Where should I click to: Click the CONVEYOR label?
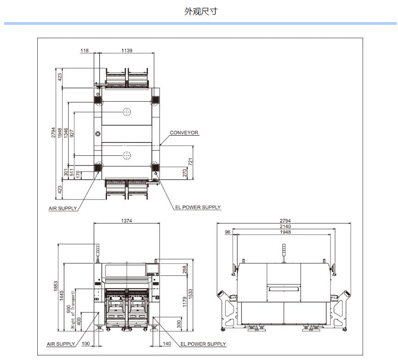tap(184, 133)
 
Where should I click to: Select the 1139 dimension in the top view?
tap(127, 51)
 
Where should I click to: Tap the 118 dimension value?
tap(85, 51)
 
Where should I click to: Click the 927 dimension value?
tap(72, 133)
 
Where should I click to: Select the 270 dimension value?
tap(185, 173)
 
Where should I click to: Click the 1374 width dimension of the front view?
tap(127, 221)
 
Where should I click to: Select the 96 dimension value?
tap(227, 233)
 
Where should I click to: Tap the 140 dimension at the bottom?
tap(166, 344)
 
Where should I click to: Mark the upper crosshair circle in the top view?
tap(126, 112)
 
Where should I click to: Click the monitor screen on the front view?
tap(152, 269)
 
